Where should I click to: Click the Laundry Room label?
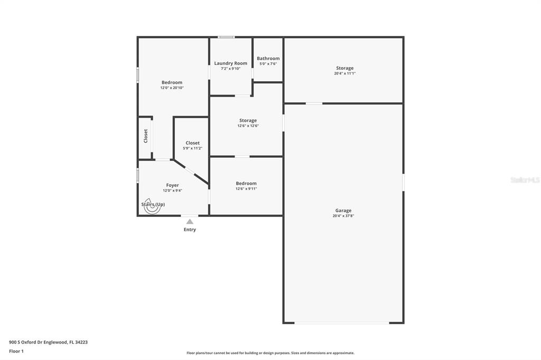pyautogui.click(x=230, y=63)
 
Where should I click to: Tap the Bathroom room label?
pyautogui.click(x=268, y=58)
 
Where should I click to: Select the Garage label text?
pyautogui.click(x=343, y=210)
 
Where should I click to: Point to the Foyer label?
pyautogui.click(x=173, y=185)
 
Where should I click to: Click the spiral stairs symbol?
pyautogui.click(x=152, y=206)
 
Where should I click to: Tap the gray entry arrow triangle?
pyautogui.click(x=190, y=221)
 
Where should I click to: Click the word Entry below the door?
pyautogui.click(x=190, y=229)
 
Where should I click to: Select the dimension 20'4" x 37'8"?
pyautogui.click(x=343, y=216)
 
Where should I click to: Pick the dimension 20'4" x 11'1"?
pyautogui.click(x=344, y=73)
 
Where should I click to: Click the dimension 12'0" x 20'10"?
pyautogui.click(x=172, y=88)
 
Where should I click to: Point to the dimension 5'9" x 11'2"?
pyautogui.click(x=192, y=148)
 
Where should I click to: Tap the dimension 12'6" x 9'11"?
pyautogui.click(x=246, y=188)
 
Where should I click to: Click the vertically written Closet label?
pyautogui.click(x=146, y=136)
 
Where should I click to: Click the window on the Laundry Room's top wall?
pyautogui.click(x=226, y=37)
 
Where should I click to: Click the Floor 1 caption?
pyautogui.click(x=16, y=351)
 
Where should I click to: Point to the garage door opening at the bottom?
pyautogui.click(x=342, y=323)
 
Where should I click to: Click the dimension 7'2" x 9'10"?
pyautogui.click(x=230, y=69)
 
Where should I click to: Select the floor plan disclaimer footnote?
pyautogui.click(x=270, y=353)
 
